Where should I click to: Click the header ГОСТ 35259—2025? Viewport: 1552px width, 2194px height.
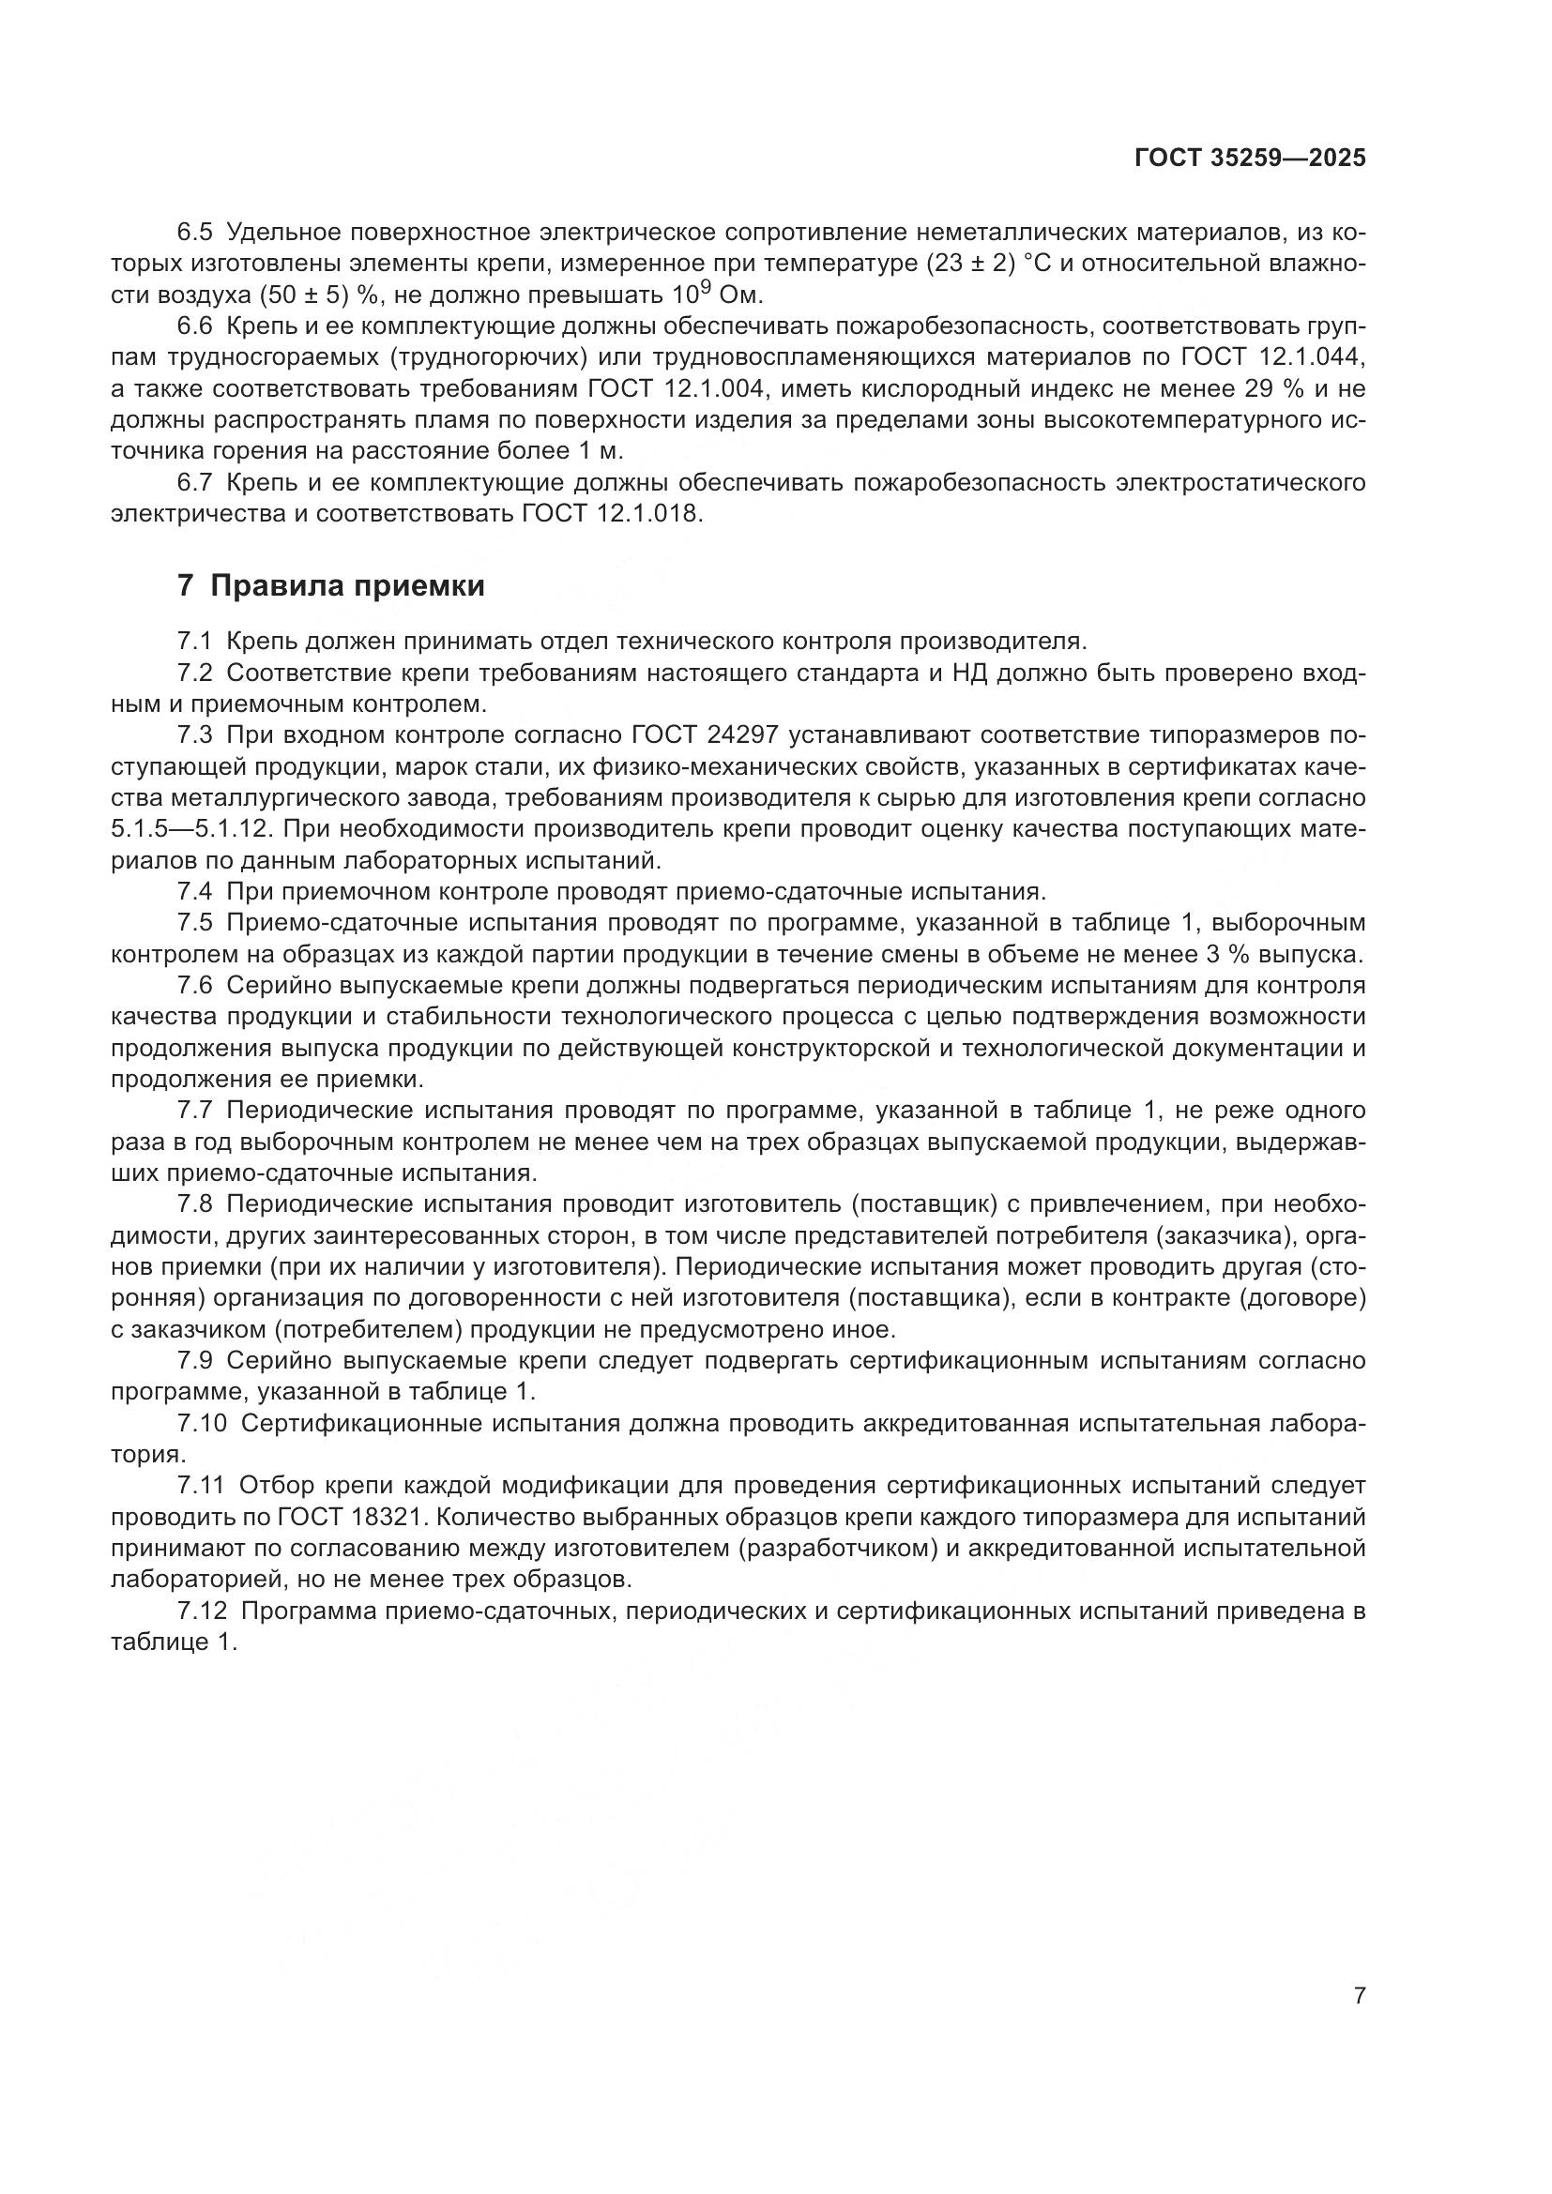pos(1250,159)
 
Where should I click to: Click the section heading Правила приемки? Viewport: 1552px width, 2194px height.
pos(347,585)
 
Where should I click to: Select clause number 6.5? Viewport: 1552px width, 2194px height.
pos(196,233)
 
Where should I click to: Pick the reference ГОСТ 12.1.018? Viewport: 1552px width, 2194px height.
pos(612,514)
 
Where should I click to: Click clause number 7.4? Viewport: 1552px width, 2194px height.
pos(196,891)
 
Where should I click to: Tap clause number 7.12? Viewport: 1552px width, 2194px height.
pos(202,1611)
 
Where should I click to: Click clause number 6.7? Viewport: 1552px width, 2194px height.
pos(196,482)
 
